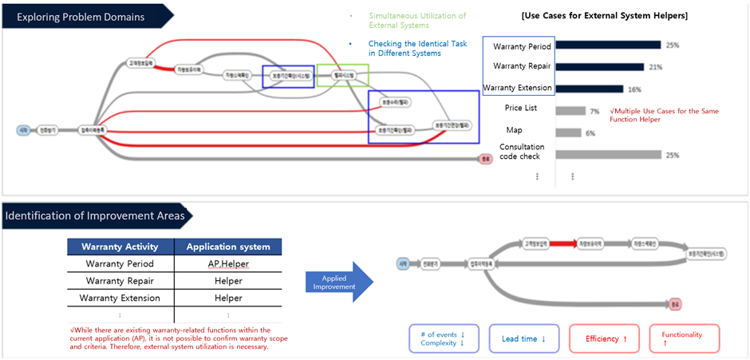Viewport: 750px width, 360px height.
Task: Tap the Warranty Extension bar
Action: (590, 89)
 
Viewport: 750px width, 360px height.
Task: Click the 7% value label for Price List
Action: (594, 112)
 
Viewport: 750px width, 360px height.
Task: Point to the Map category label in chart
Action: (515, 130)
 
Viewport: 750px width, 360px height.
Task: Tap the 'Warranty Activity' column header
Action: (120, 246)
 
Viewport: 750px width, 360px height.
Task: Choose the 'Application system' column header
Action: (227, 246)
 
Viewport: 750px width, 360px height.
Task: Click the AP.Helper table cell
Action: (227, 263)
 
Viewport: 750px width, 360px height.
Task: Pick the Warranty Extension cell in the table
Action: (120, 298)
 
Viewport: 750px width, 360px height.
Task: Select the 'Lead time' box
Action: (524, 338)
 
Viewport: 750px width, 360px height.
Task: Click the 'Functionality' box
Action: (684, 338)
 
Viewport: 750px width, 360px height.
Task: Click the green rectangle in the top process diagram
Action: (342, 76)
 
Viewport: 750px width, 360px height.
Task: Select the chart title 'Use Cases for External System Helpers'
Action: (603, 16)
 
